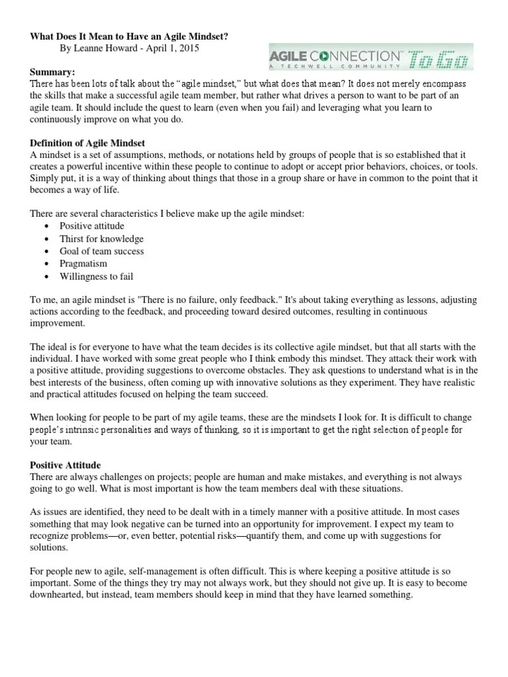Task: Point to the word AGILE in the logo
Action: [291, 55]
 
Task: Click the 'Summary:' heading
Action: [52, 71]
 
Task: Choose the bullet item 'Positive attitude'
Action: [91, 226]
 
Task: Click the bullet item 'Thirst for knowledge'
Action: [101, 239]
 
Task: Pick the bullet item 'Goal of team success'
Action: [101, 251]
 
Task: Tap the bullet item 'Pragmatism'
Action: [83, 264]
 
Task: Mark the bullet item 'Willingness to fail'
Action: [97, 276]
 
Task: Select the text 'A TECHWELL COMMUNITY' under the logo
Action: [335, 66]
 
